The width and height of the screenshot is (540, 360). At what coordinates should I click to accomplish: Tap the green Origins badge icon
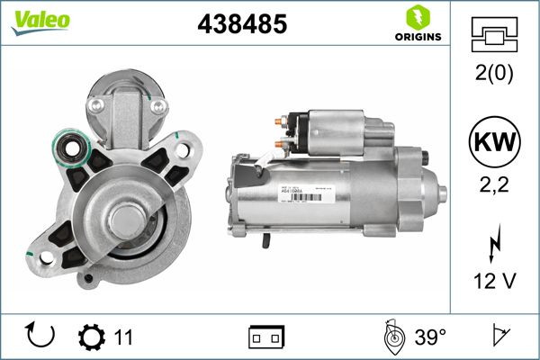pyautogui.click(x=416, y=16)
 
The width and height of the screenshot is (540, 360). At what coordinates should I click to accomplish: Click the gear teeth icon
pyautogui.click(x=91, y=337)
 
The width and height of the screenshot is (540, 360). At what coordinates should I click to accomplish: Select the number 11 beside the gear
pyautogui.click(x=124, y=337)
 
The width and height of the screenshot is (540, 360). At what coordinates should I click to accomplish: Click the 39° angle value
pyautogui.click(x=430, y=337)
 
